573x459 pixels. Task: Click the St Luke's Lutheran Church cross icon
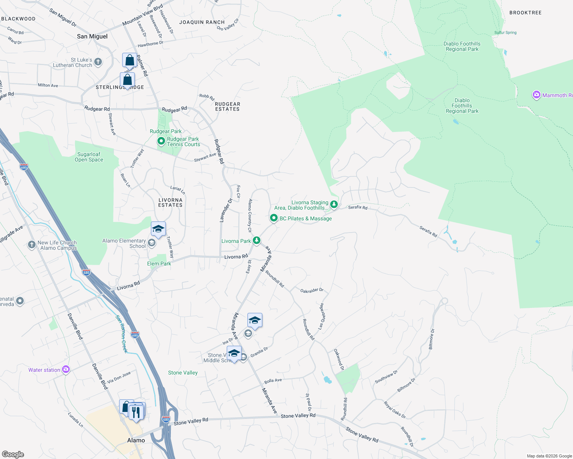[x=98, y=62]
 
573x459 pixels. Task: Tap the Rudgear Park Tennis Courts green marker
[x=161, y=142]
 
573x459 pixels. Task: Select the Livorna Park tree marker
[x=257, y=241]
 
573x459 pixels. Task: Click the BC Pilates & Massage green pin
[x=273, y=218]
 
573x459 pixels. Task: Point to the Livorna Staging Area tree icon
[x=334, y=205]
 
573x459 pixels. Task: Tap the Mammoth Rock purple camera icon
[x=537, y=95]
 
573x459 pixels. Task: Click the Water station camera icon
[x=66, y=369]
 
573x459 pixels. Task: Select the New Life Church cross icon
[x=31, y=245]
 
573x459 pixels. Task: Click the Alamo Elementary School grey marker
[x=152, y=243]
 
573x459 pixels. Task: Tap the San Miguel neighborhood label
[x=92, y=36]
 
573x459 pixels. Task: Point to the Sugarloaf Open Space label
[x=89, y=157]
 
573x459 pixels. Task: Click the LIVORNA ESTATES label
[x=170, y=202]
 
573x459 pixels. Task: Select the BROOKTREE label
[x=526, y=13]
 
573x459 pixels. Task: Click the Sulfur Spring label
[x=505, y=33]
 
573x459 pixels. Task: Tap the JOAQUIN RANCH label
[x=202, y=22]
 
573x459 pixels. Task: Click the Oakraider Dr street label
[x=312, y=291]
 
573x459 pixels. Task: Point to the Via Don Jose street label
[x=119, y=377]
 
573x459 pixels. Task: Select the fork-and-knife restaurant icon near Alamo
[x=136, y=412]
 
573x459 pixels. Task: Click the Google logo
[x=13, y=454]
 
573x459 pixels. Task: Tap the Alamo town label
[x=136, y=440]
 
